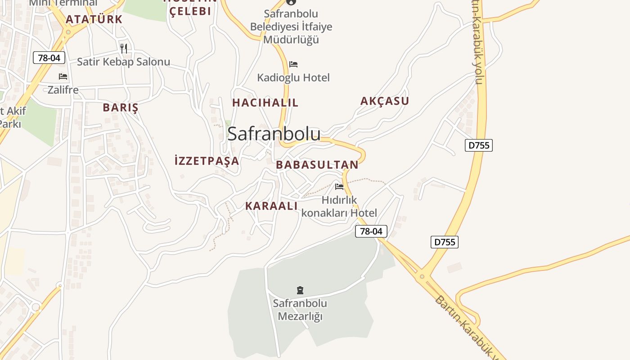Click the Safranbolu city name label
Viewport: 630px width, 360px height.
pos(274,134)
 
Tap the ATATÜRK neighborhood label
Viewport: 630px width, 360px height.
pos(94,19)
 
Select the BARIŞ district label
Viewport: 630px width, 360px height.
pos(120,108)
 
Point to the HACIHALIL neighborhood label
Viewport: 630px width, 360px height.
pos(265,103)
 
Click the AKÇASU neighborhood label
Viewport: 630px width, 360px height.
pos(385,101)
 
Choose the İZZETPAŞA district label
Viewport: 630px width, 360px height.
pos(207,161)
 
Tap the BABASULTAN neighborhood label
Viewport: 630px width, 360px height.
pos(317,165)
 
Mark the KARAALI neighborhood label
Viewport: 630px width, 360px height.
pos(271,206)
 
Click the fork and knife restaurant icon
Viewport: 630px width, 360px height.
pos(124,48)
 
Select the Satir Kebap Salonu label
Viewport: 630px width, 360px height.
pos(123,62)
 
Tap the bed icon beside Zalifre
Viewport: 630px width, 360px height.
pos(63,76)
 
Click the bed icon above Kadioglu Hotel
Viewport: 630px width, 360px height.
pos(293,64)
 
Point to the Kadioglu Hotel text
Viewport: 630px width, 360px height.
pos(293,78)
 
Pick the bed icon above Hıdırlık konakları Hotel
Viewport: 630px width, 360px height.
pos(339,186)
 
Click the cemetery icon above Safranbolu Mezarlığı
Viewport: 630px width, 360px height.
pos(300,290)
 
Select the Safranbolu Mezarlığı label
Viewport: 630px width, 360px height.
pos(300,310)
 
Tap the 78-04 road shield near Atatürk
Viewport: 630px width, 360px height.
pos(49,58)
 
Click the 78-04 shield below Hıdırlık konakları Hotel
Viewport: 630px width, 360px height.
pos(371,231)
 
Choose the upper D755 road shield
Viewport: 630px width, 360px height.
pos(479,145)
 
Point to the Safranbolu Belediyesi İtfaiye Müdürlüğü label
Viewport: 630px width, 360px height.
pos(291,27)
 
